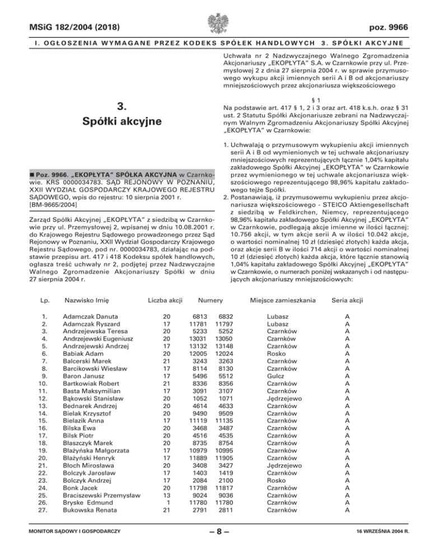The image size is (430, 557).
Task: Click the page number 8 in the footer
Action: (x=215, y=545)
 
